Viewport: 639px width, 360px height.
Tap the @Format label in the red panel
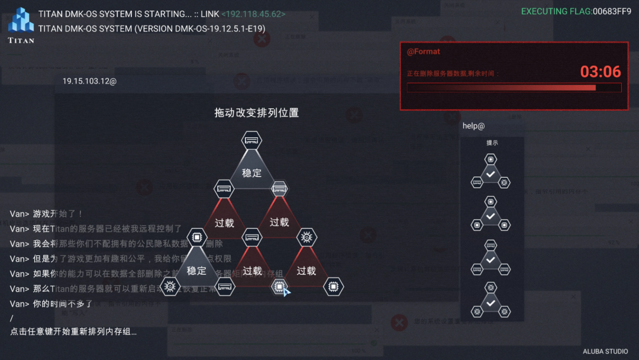(x=423, y=52)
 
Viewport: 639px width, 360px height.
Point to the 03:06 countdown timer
(x=600, y=72)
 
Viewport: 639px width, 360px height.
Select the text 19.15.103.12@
(x=89, y=81)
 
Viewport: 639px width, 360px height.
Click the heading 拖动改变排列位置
(x=256, y=112)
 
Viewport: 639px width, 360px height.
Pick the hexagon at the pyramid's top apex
(x=251, y=141)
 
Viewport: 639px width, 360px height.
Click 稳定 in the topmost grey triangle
(x=251, y=173)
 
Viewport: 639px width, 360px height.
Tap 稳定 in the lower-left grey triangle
(x=196, y=271)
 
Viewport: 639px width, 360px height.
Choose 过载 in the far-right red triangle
(x=306, y=271)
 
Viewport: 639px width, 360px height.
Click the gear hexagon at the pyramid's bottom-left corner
(x=170, y=287)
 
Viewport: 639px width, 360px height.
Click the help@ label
(x=473, y=126)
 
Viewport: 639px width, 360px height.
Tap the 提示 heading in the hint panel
(x=492, y=143)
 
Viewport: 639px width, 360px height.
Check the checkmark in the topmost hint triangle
(x=490, y=173)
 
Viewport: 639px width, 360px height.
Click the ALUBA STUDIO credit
(x=605, y=351)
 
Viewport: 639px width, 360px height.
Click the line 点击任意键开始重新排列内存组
(x=73, y=332)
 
